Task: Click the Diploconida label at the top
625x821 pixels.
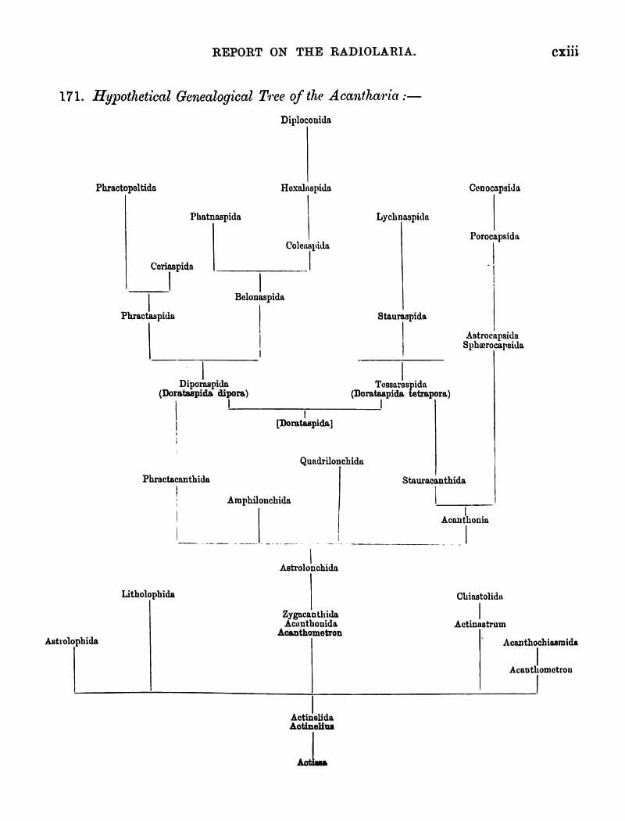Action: [x=306, y=120]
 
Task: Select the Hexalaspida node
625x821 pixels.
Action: [x=306, y=188]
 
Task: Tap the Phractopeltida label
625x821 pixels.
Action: [x=126, y=188]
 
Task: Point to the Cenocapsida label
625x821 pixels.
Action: [x=495, y=188]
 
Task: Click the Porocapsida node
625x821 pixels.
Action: [x=495, y=236]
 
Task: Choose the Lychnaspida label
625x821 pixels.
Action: [x=402, y=217]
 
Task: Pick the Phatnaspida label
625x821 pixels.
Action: [x=215, y=217]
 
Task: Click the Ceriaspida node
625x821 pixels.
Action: [x=172, y=267]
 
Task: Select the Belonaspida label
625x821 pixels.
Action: [x=259, y=297]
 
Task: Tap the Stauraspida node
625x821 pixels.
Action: [x=402, y=317]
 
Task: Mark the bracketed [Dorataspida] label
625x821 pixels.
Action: [x=305, y=423]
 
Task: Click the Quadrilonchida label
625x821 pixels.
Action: [x=331, y=461]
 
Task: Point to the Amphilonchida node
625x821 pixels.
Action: [x=259, y=500]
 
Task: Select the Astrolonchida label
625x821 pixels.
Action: [x=309, y=568]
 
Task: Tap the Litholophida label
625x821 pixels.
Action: [x=148, y=594]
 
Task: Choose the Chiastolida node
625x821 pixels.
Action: [x=479, y=597]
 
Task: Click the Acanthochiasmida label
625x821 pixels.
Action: [x=541, y=643]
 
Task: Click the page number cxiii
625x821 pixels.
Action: [x=569, y=52]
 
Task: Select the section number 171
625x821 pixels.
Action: [x=72, y=98]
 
